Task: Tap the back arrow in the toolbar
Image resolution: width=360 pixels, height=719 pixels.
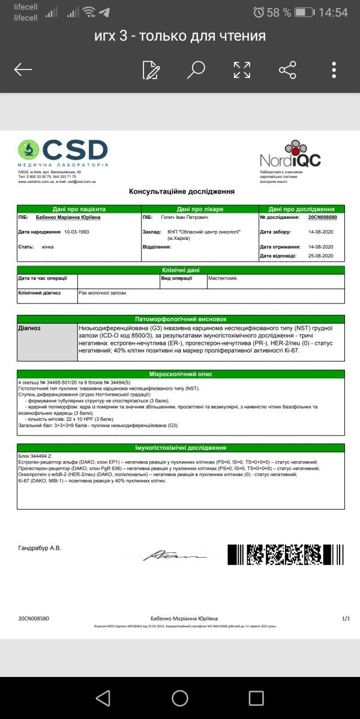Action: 23,70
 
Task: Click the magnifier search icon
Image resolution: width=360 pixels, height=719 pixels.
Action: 196,70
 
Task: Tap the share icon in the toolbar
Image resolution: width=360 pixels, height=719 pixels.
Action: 288,70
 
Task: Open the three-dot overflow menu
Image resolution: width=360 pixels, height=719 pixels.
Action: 334,70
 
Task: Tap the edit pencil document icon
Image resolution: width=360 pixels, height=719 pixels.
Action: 151,70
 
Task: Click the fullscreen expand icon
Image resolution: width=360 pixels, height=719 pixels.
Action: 242,70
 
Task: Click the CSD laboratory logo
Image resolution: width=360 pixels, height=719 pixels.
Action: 63,153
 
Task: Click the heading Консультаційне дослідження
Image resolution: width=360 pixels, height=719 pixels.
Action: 182,192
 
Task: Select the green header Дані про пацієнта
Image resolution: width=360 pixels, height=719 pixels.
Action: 79,209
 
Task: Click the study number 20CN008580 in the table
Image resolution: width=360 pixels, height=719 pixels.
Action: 322,218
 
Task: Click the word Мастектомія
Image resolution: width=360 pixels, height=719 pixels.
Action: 223,278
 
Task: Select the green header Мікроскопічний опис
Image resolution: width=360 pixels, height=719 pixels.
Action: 181,374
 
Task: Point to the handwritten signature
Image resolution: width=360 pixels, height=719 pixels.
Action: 175,555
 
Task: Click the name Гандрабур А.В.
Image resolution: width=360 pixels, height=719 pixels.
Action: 40,547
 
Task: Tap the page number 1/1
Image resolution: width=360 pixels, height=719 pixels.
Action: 345,618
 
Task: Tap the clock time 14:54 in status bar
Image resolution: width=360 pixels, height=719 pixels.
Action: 334,13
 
